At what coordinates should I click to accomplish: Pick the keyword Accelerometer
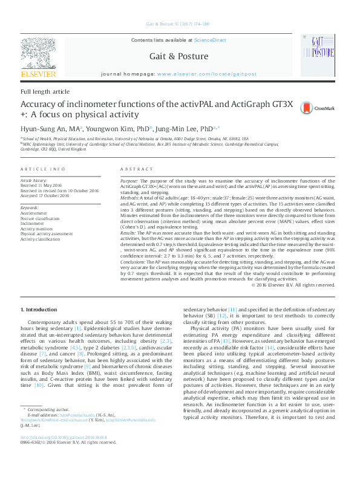pyautogui.click(x=36, y=212)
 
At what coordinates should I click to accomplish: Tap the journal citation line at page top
pyautogui.click(x=178, y=24)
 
